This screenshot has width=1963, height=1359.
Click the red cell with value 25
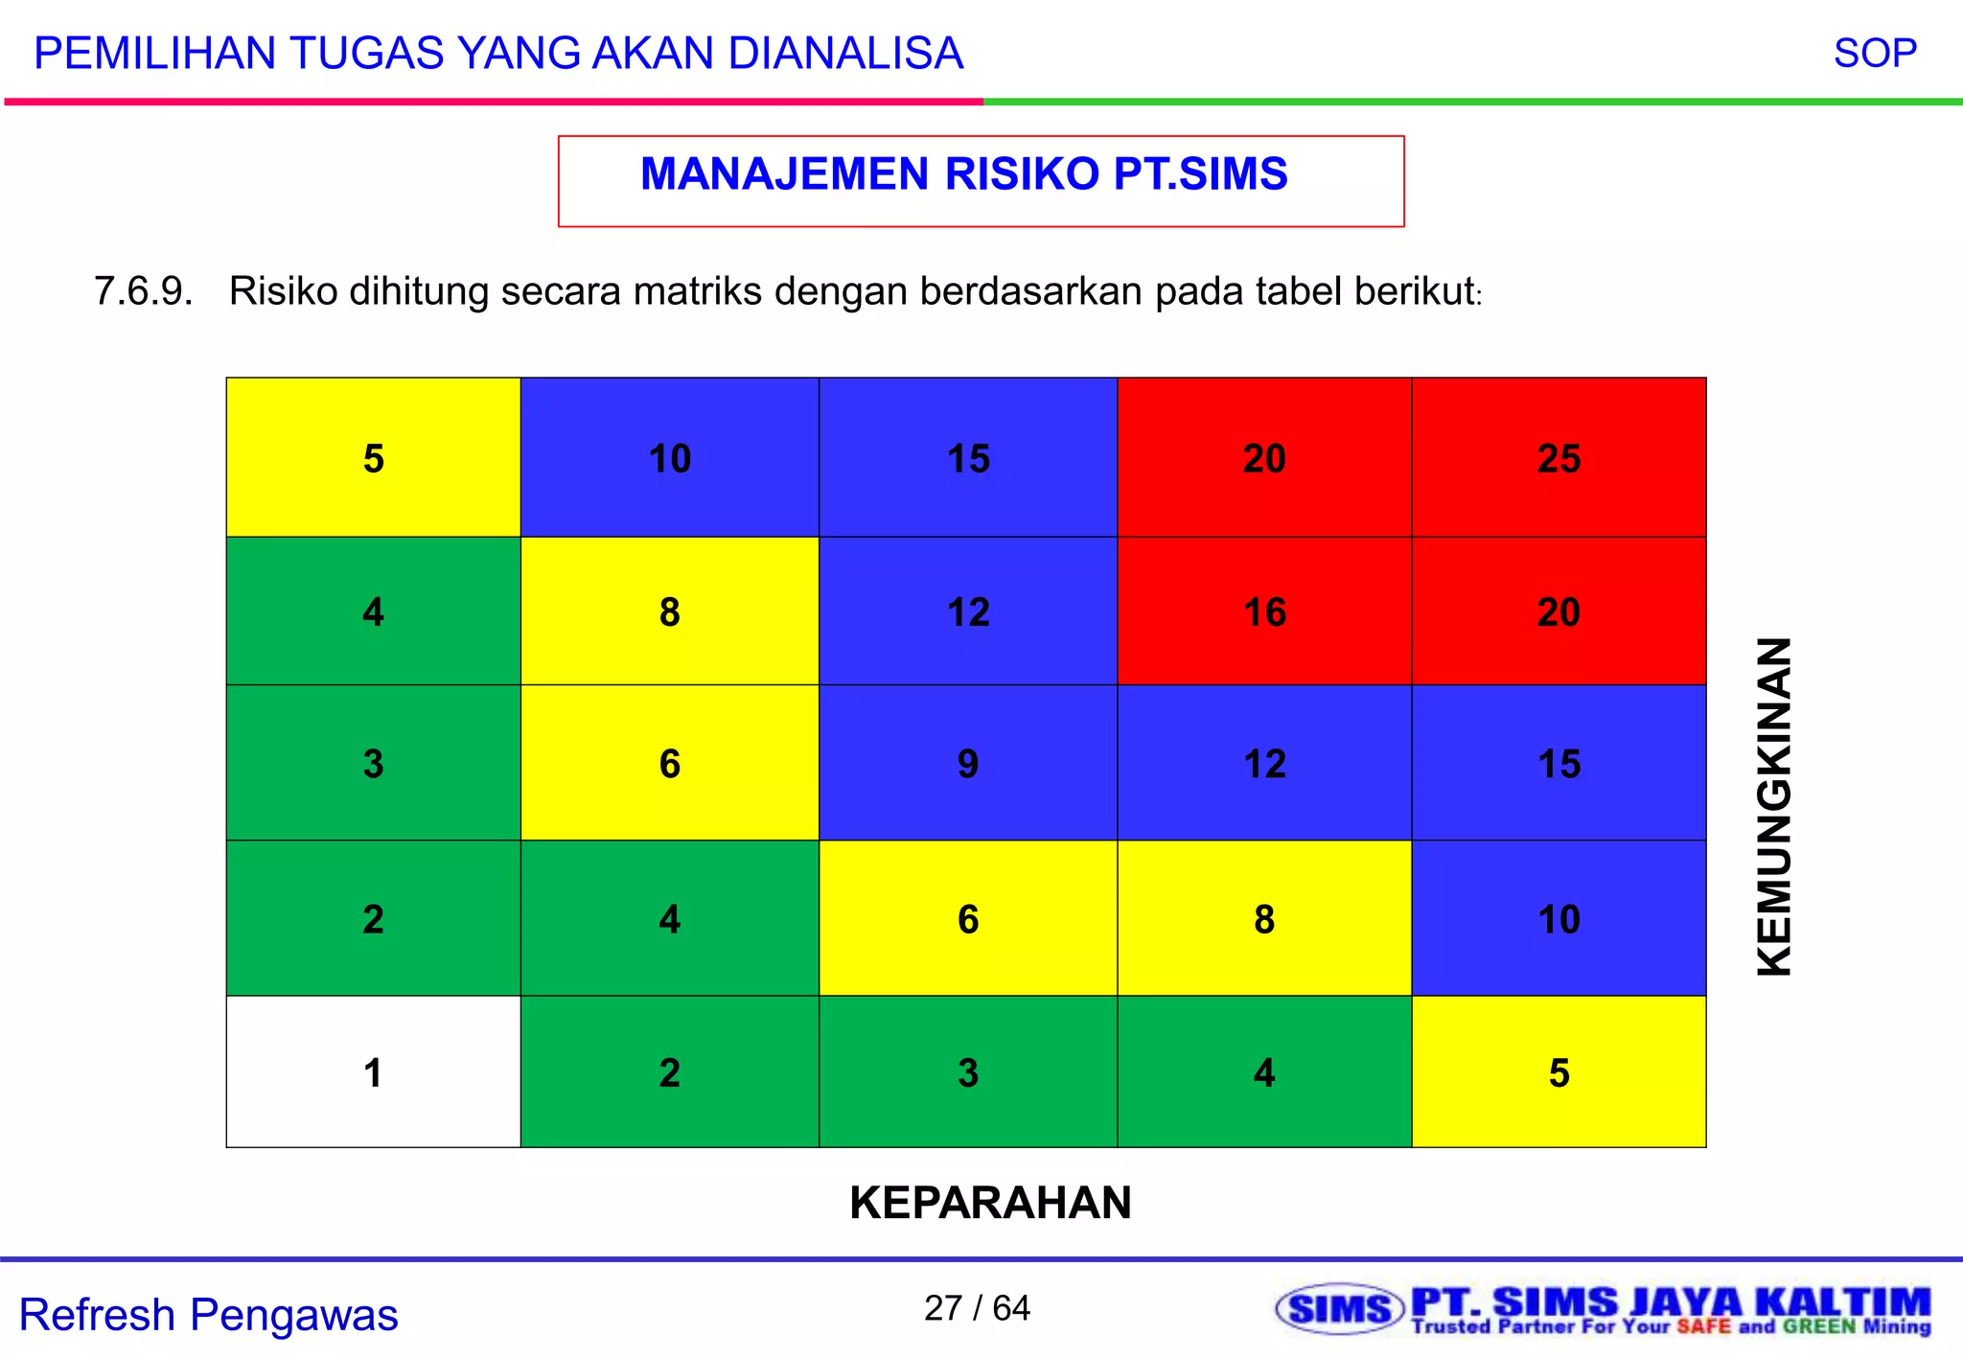(x=1559, y=458)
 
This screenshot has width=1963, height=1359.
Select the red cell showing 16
(x=1264, y=611)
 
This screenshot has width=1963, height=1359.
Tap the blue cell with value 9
(x=968, y=764)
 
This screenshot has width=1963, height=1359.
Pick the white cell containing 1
(x=373, y=1072)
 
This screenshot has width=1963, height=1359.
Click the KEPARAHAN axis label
(x=990, y=1202)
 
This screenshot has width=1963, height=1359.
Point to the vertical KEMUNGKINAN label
(x=1774, y=806)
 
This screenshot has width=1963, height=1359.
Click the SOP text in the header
(x=1875, y=53)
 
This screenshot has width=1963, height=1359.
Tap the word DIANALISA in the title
(x=844, y=53)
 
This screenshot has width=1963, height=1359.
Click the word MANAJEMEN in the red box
(x=784, y=174)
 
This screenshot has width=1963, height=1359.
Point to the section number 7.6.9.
(x=143, y=291)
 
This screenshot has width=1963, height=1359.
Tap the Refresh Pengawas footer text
(x=208, y=1314)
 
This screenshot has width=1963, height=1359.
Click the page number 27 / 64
(x=977, y=1307)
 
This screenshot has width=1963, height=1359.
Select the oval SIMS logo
(x=1340, y=1309)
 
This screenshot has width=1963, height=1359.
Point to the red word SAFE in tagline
(x=1703, y=1327)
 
